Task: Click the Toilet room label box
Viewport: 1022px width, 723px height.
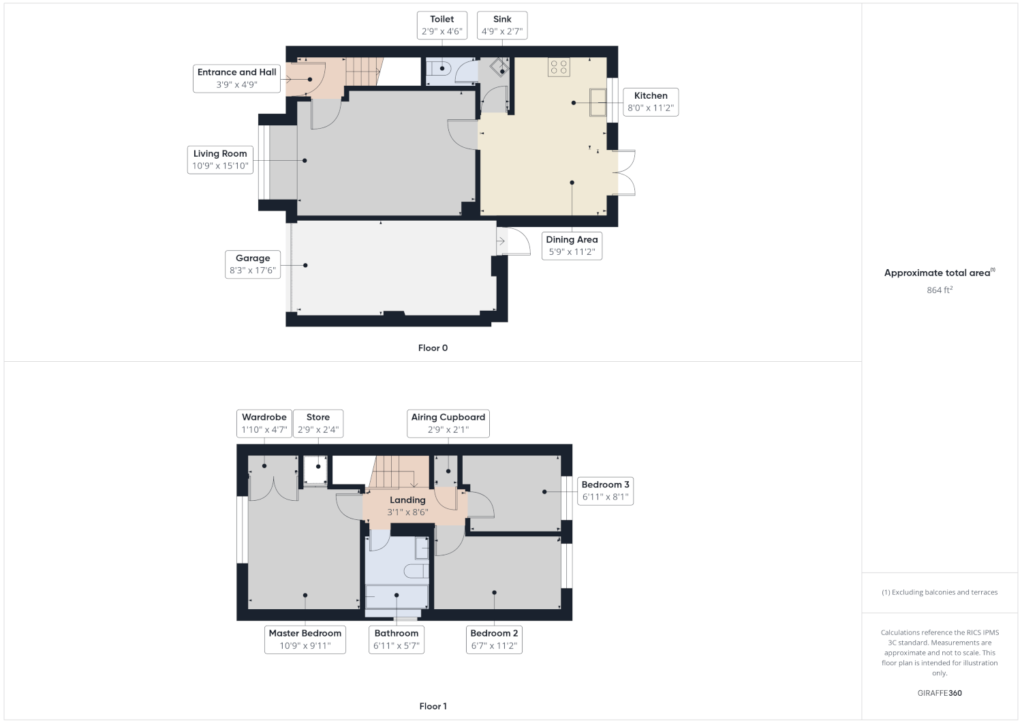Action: point(442,25)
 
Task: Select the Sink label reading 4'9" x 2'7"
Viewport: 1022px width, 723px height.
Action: point(502,25)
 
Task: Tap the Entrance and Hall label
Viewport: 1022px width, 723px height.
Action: point(236,78)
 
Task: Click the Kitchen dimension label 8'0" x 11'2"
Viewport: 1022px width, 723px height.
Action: point(651,102)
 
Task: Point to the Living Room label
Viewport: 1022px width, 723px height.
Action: point(220,159)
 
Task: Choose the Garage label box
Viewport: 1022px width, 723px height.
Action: point(252,264)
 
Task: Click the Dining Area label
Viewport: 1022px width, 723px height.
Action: point(572,245)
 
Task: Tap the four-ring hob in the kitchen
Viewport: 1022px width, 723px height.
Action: point(559,67)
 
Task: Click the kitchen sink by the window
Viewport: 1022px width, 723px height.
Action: point(598,102)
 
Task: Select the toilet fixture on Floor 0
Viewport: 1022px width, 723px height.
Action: point(438,69)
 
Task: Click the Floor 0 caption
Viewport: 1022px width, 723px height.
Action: point(433,348)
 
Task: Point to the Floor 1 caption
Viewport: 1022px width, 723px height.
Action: point(433,706)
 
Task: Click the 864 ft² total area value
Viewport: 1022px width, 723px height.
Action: point(940,290)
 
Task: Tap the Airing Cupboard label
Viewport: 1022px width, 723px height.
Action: point(448,424)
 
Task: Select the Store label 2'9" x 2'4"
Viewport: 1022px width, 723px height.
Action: point(318,424)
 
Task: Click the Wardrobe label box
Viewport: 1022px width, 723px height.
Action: point(264,424)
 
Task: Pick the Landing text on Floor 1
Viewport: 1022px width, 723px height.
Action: point(407,500)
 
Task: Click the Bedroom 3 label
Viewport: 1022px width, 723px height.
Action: point(605,491)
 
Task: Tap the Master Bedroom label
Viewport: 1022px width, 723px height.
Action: point(305,639)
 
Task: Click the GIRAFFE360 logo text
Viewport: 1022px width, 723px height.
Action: point(940,693)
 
